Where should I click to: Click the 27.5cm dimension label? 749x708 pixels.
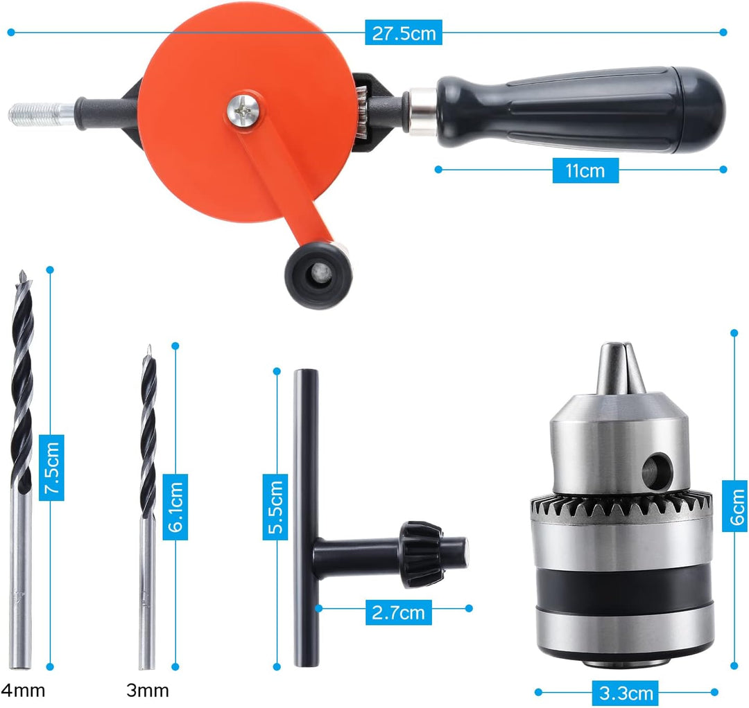(404, 33)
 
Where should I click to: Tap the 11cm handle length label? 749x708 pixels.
(585, 170)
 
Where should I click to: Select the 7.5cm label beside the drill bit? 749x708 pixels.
(51, 468)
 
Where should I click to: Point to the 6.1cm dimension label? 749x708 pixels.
(175, 506)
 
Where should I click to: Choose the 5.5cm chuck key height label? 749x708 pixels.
(275, 506)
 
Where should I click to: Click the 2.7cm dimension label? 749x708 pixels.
(398, 612)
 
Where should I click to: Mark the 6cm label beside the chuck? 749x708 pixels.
(736, 506)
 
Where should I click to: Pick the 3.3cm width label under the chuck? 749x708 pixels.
(626, 693)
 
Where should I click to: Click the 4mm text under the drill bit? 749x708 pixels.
(23, 691)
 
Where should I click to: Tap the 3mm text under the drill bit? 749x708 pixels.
(148, 691)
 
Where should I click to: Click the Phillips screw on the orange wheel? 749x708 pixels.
(243, 111)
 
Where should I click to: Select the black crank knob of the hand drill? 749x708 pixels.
(318, 275)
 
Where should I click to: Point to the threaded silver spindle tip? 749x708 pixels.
(42, 114)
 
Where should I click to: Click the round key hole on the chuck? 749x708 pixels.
(657, 471)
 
